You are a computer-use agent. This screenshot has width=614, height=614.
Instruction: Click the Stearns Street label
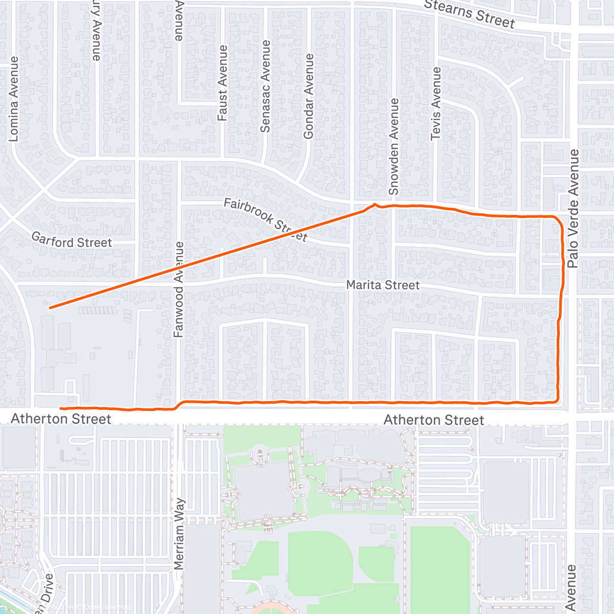point(469,13)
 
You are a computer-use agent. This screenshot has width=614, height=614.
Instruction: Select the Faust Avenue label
point(223,83)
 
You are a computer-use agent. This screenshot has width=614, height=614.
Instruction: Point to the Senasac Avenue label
point(265,86)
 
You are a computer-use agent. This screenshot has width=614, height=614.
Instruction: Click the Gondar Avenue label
point(308,97)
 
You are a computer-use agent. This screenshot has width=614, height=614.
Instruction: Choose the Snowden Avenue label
point(393,146)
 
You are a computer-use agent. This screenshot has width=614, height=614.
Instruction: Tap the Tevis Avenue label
point(436,103)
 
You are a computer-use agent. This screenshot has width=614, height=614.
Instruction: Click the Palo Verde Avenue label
point(573,208)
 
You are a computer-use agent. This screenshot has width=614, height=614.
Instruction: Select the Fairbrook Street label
point(266,220)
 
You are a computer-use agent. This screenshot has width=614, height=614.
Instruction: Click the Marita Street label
point(383,285)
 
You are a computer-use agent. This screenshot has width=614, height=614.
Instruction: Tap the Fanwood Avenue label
point(179,289)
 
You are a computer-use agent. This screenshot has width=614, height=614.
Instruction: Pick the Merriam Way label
point(179,534)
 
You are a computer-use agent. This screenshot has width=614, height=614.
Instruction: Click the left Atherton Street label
point(61,419)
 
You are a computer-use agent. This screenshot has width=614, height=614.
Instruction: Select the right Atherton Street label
point(433,420)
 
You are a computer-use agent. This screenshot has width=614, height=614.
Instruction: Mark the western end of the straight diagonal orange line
point(50,308)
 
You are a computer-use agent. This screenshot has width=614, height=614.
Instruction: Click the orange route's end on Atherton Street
point(61,408)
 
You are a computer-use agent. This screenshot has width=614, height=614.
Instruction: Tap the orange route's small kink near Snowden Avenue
point(375,205)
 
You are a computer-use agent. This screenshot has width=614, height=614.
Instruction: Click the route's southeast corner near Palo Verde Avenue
point(556,401)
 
